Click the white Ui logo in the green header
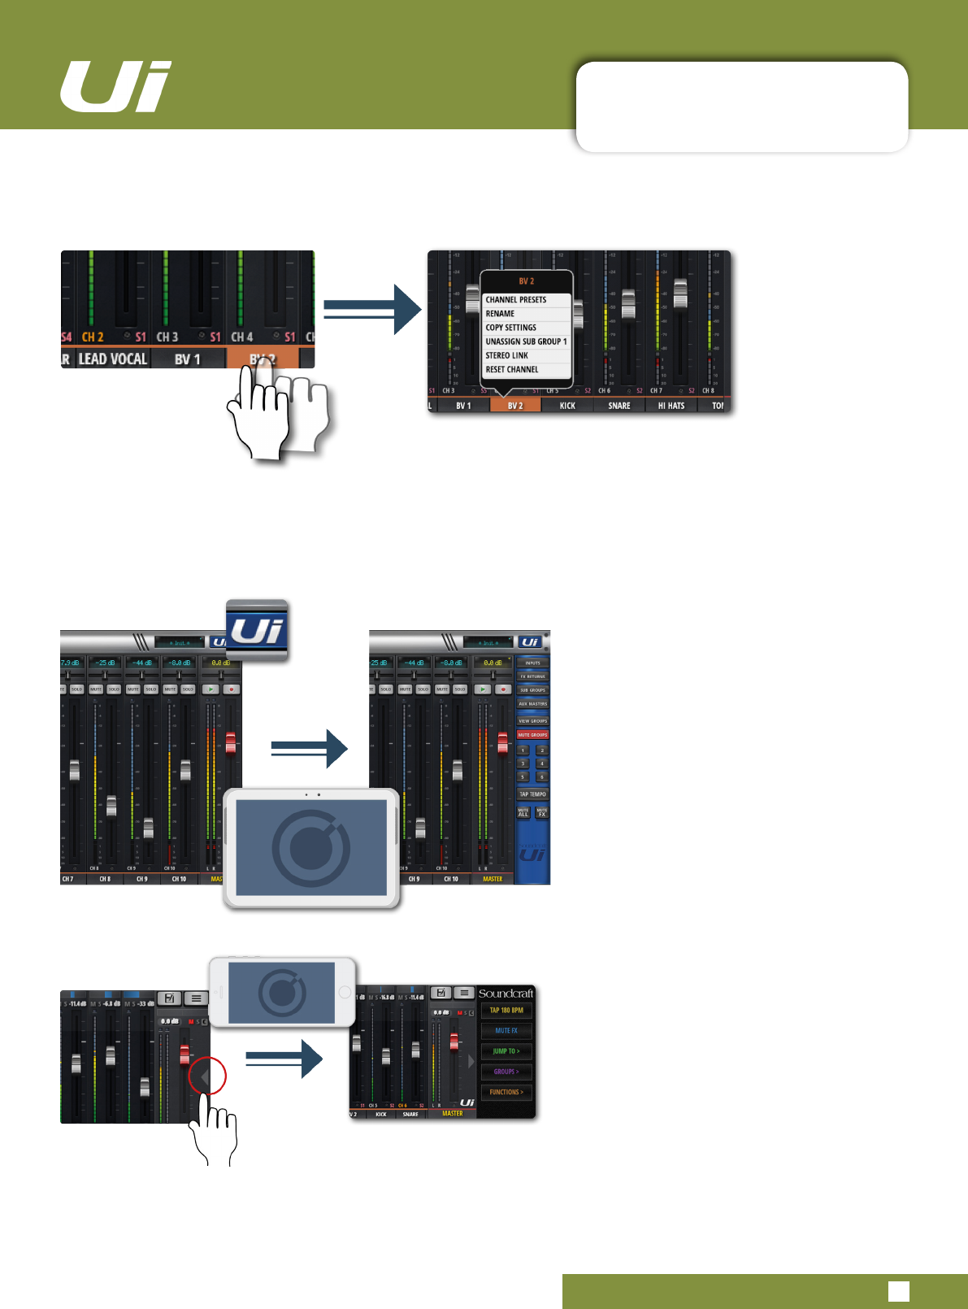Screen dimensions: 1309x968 pyautogui.click(x=115, y=86)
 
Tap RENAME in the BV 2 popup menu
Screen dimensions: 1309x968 pyautogui.click(x=501, y=314)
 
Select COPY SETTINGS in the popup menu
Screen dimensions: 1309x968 pyautogui.click(x=511, y=328)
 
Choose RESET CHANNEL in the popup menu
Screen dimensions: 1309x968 pyautogui.click(x=512, y=370)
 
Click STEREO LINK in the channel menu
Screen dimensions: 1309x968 pyautogui.click(x=507, y=356)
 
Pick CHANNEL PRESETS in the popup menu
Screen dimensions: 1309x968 pyautogui.click(x=516, y=300)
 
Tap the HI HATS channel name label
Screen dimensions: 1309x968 pyautogui.click(x=671, y=406)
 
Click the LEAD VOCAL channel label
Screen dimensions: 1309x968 pyautogui.click(x=112, y=359)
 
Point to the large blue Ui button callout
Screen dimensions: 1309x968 pyautogui.click(x=257, y=630)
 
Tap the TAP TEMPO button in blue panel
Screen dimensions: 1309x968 pyautogui.click(x=533, y=794)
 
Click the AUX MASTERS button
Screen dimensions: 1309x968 pyautogui.click(x=533, y=704)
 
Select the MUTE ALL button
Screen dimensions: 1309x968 pyautogui.click(x=523, y=812)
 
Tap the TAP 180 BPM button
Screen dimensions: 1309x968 pyautogui.click(x=506, y=1011)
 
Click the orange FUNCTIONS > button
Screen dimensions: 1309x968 pyautogui.click(x=506, y=1093)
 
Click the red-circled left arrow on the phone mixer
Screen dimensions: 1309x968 pyautogui.click(x=206, y=1077)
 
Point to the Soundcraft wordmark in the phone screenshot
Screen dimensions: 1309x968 pyautogui.click(x=506, y=994)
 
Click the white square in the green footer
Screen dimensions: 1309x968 pyautogui.click(x=898, y=1291)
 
